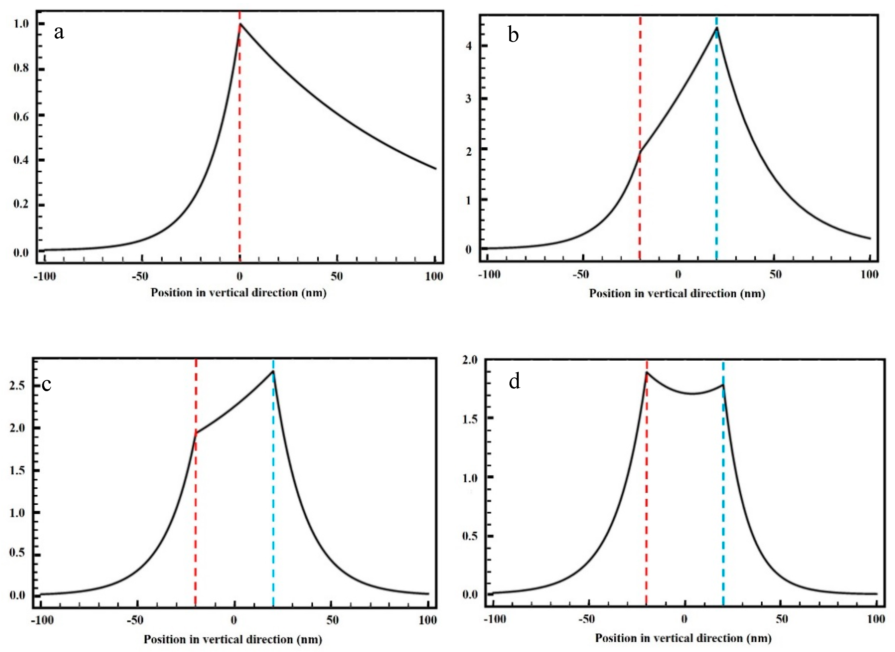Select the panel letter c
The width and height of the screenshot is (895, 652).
pyautogui.click(x=46, y=384)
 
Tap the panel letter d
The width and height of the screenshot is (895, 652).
pyautogui.click(x=514, y=382)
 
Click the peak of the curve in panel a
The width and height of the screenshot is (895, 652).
pyautogui.click(x=240, y=24)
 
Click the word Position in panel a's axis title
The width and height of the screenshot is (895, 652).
pyautogui.click(x=169, y=293)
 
